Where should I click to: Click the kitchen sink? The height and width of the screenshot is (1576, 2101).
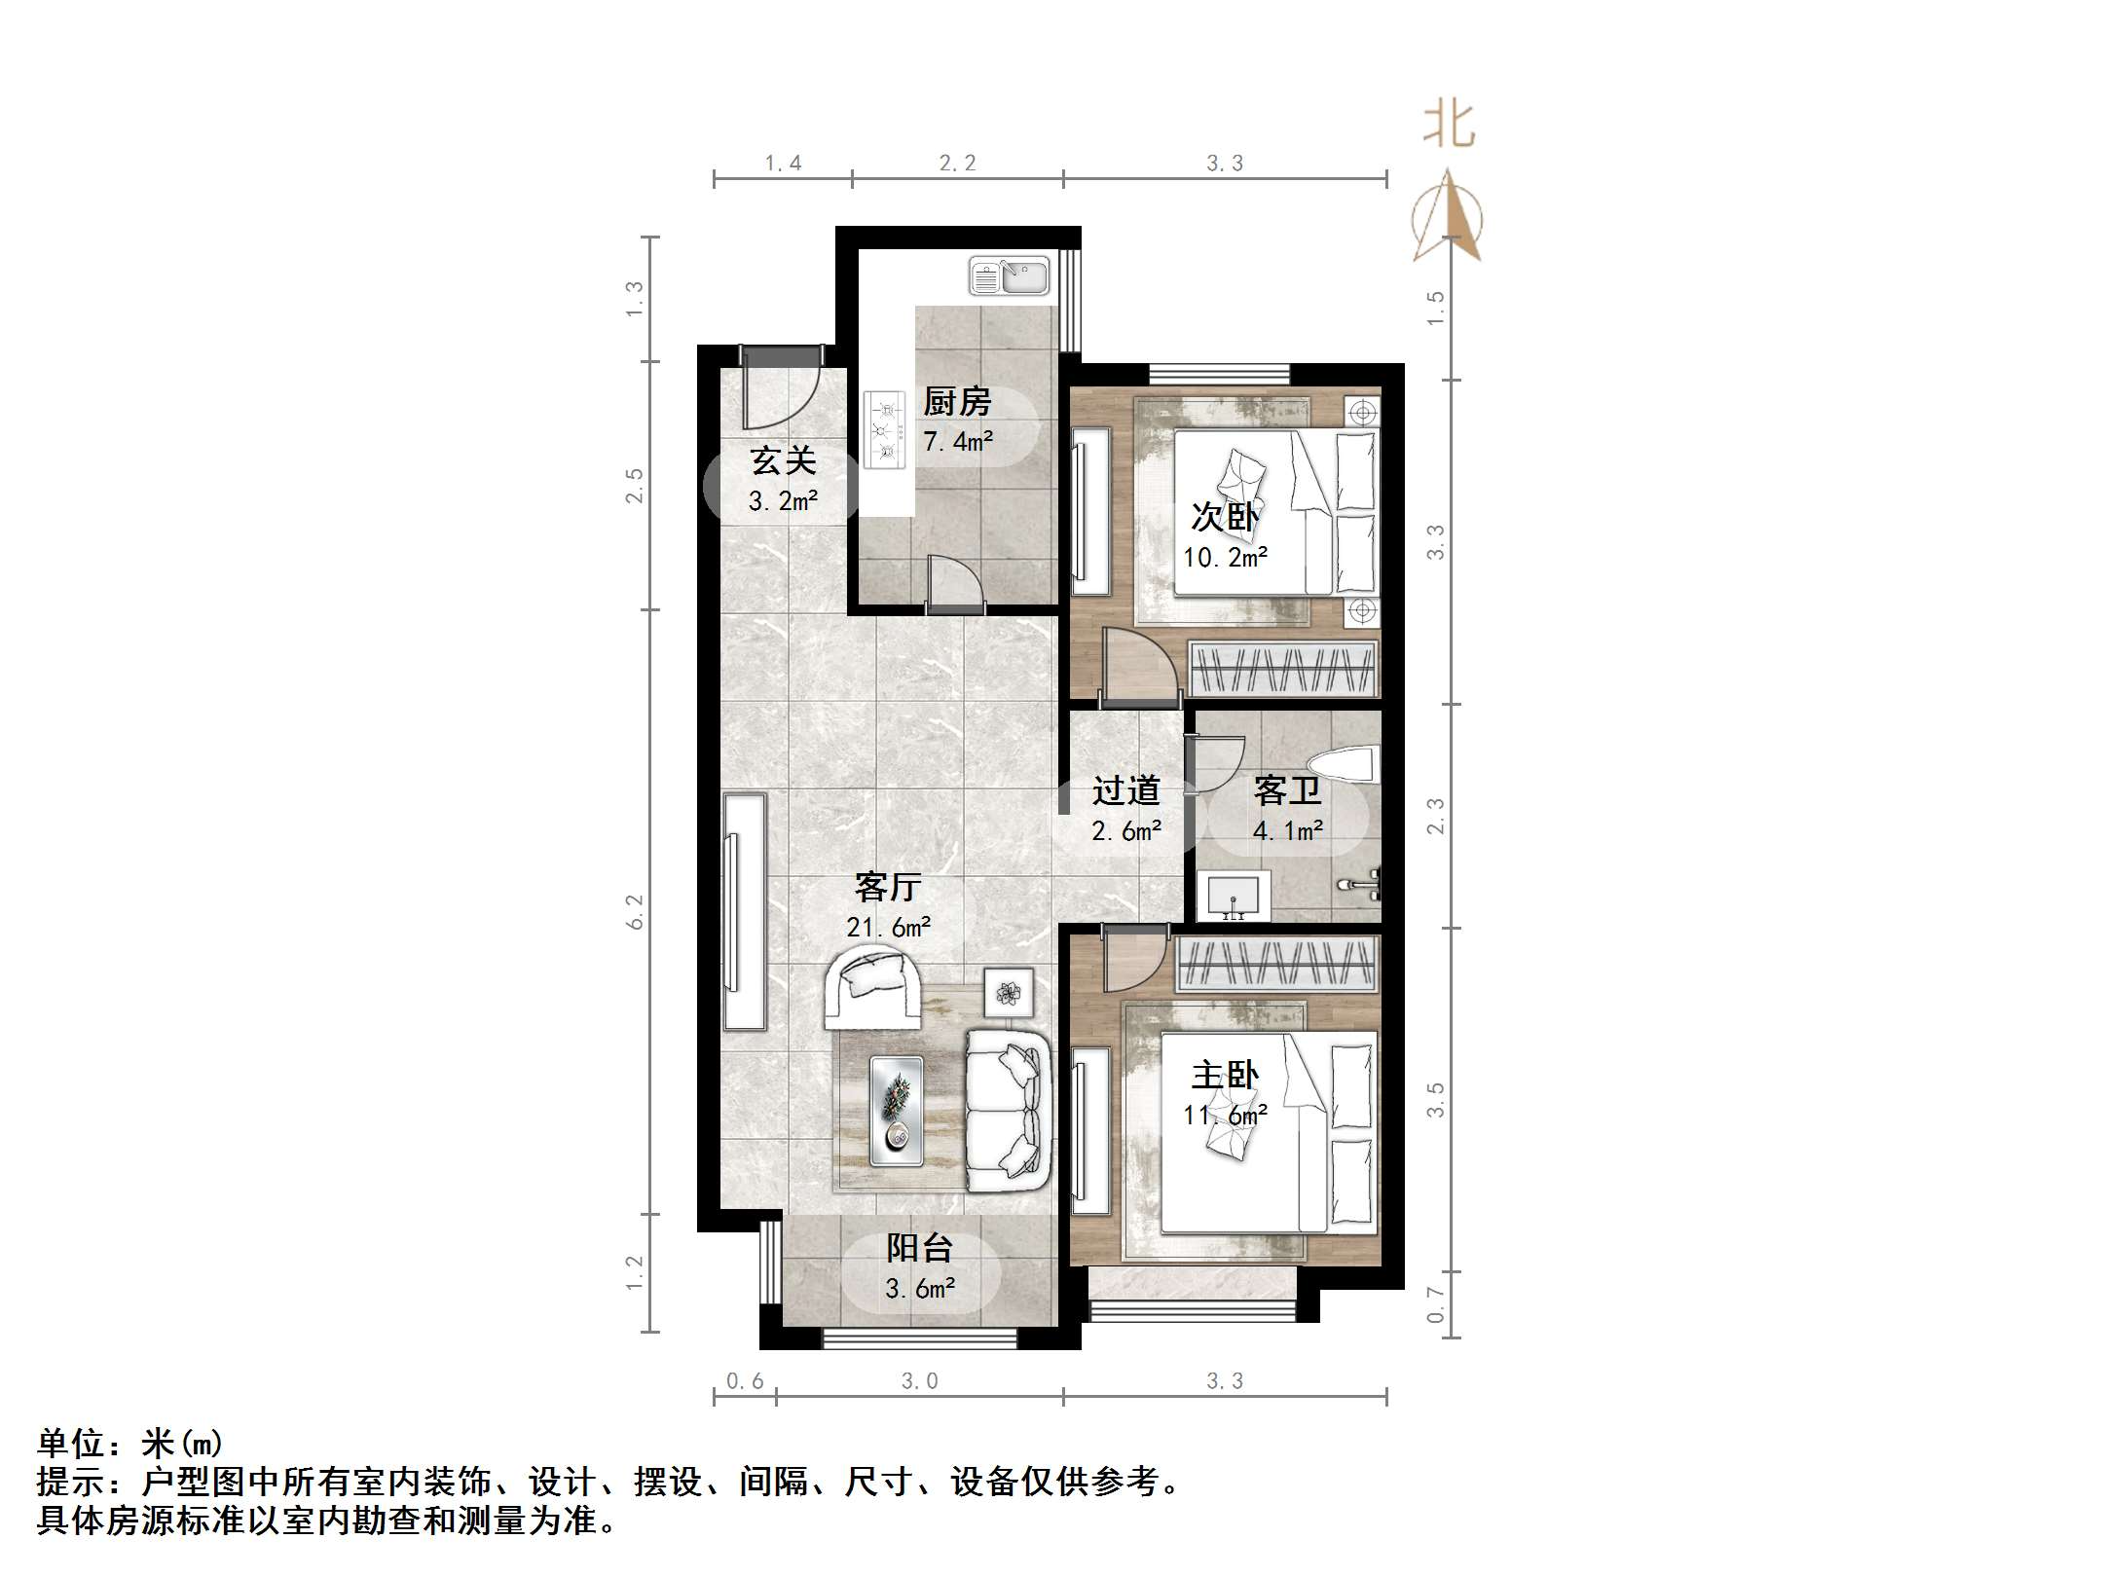1009,276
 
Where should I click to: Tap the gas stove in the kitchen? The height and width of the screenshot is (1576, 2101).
884,429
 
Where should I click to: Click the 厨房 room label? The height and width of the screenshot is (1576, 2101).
956,401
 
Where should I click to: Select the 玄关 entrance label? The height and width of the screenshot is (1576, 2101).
783,460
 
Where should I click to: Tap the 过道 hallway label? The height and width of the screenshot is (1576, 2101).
1125,790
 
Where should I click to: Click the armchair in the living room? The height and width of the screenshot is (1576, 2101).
872,988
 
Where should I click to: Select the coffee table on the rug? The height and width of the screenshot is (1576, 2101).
896,1111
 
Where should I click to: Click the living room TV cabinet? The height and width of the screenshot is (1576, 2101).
744,911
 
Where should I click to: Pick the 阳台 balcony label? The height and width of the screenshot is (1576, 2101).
919,1248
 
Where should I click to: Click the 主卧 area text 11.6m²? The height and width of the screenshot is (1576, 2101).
1225,1115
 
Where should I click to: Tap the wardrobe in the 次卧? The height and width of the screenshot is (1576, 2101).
1283,669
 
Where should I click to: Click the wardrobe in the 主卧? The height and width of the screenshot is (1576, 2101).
1276,964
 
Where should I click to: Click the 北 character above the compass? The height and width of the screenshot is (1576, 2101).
1449,126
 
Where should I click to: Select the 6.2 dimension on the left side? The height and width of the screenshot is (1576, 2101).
635,912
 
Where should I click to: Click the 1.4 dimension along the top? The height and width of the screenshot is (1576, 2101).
783,164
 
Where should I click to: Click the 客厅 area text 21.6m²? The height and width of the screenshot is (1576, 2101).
888,927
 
